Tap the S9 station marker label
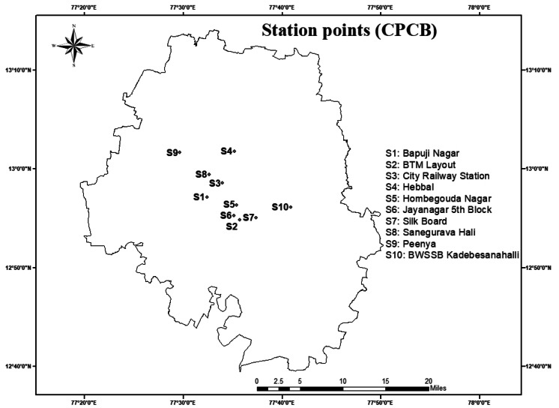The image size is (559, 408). tap(172, 153)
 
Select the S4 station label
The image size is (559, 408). tap(226, 151)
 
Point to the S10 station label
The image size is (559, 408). tap(280, 207)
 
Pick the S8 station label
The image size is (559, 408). tap(201, 175)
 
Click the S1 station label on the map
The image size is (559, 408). tap(199, 197)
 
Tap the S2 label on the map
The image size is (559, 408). tap(232, 226)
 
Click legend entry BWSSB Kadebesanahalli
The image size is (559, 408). tap(452, 255)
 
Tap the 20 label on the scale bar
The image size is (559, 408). tap(429, 381)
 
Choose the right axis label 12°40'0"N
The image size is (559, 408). tap(539, 366)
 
